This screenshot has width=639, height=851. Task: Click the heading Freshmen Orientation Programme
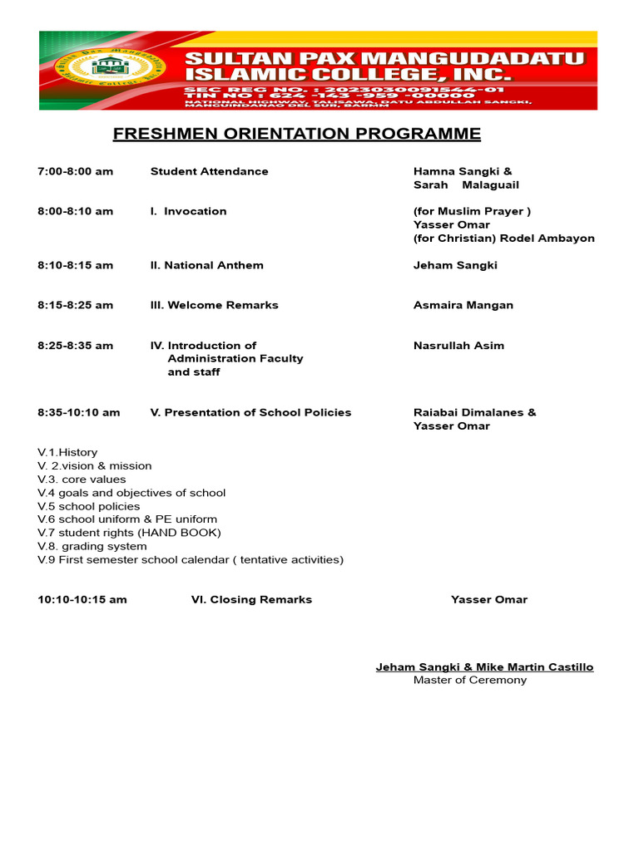(x=296, y=134)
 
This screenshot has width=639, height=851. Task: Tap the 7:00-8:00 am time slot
(x=75, y=171)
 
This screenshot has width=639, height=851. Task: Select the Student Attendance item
(x=209, y=171)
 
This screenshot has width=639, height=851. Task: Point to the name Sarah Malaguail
(x=466, y=184)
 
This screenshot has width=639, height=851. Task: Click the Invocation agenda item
(x=189, y=211)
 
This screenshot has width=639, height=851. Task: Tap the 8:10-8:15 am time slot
(x=75, y=265)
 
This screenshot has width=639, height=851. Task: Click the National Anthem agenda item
(x=206, y=265)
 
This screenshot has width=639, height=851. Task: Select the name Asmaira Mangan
(x=463, y=305)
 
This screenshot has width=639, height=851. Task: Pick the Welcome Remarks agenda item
(x=214, y=305)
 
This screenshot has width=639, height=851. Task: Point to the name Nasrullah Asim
(x=458, y=346)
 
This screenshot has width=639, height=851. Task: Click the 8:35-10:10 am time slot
(x=78, y=412)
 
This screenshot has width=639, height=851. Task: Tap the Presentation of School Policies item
(x=250, y=412)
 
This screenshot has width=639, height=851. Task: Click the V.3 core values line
(x=82, y=480)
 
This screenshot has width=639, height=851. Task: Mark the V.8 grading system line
(x=92, y=546)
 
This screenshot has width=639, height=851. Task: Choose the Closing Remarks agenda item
(x=251, y=599)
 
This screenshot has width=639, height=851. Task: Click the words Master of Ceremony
(x=470, y=680)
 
